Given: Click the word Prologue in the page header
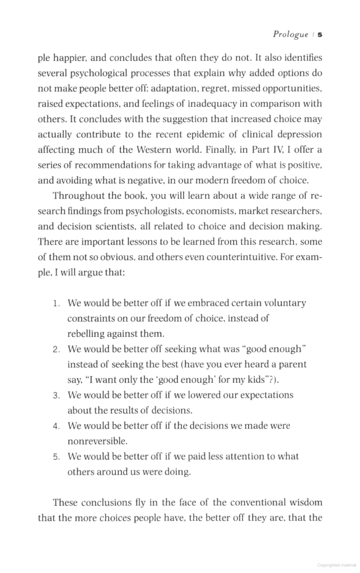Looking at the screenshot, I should (x=290, y=35).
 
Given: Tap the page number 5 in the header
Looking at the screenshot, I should (x=320, y=35).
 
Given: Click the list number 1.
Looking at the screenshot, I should (x=56, y=304).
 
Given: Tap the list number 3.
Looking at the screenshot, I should (x=56, y=396).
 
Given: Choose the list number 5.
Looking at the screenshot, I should (x=56, y=457).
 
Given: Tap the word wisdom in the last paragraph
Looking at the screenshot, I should (x=305, y=502).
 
